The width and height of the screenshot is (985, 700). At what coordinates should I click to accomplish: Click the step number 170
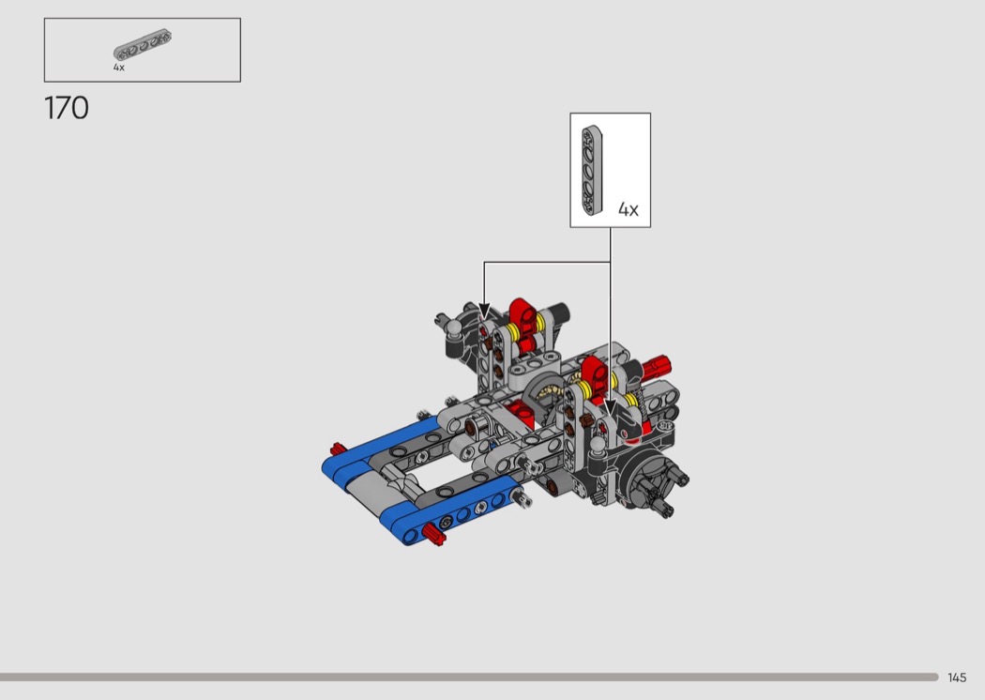67,108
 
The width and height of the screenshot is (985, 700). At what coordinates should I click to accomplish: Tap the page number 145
957,677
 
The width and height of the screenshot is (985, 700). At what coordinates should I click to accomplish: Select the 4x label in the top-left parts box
119,68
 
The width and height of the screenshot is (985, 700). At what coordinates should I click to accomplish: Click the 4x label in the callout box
629,209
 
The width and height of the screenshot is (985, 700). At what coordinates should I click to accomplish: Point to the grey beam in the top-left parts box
143,45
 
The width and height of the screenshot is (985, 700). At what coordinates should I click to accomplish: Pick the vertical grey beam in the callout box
592,170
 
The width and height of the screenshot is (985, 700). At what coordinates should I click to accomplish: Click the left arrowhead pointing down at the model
484,311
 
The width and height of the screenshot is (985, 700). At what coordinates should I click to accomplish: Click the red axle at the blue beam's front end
433,534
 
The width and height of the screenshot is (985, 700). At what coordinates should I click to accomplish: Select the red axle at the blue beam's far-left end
338,449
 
